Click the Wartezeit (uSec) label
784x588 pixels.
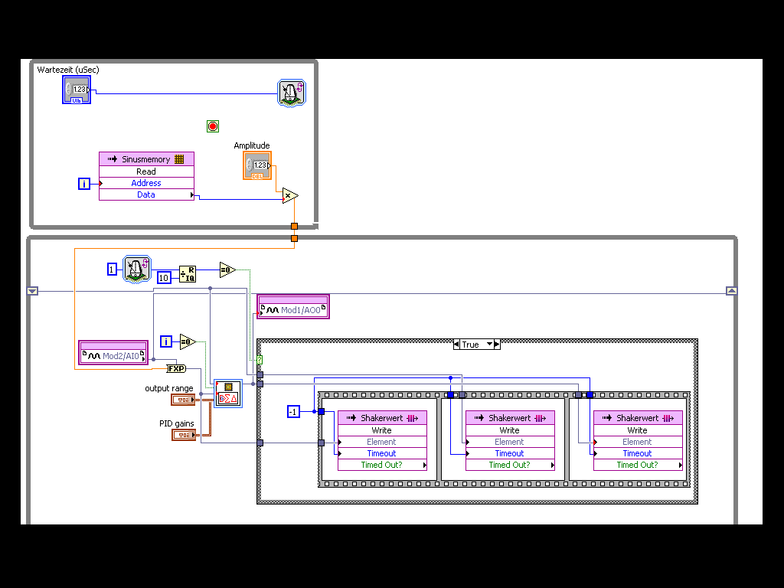(68, 70)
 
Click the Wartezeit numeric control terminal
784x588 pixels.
(77, 90)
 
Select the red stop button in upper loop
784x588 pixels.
(213, 126)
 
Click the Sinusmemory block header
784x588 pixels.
(146, 159)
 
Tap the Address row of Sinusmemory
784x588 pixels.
(146, 183)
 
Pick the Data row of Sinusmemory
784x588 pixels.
(146, 194)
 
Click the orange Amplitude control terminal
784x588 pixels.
(257, 165)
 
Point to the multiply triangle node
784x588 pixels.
(289, 196)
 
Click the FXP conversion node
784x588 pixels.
(177, 368)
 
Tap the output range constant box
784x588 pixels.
(183, 400)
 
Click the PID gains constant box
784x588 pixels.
(183, 435)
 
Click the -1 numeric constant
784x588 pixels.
(292, 412)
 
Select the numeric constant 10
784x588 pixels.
(164, 277)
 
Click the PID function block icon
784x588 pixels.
(227, 393)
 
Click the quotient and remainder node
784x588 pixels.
(188, 274)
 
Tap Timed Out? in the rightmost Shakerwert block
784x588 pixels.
(637, 465)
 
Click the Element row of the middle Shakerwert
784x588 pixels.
(509, 442)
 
